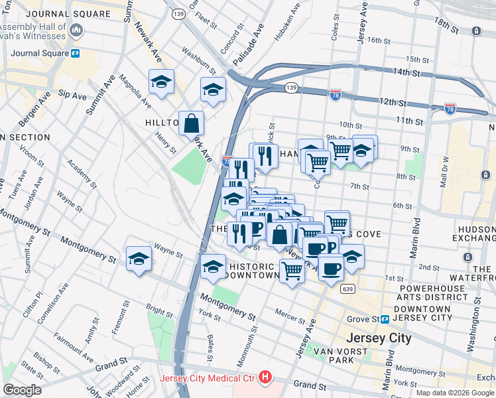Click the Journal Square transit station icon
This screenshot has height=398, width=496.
tap(76, 54)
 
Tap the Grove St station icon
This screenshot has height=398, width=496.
tap(385, 319)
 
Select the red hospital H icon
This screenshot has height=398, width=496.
tap(265, 377)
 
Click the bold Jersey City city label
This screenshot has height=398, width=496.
tap(379, 338)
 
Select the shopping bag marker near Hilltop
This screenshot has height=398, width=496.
tap(191, 123)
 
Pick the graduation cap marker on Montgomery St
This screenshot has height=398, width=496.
tap(139, 259)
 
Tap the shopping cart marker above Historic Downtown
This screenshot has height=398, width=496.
tap(292, 271)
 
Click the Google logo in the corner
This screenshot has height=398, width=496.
tap(22, 390)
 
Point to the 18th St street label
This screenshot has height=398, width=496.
tap(446, 27)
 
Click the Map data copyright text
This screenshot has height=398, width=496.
tap(454, 393)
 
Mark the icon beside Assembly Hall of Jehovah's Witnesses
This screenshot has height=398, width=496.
tap(76, 31)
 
